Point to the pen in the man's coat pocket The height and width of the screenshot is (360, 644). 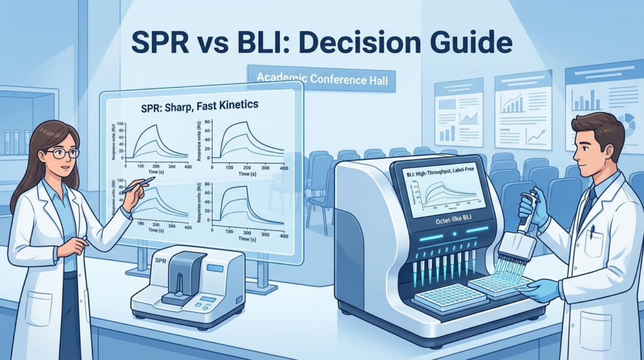[592, 234]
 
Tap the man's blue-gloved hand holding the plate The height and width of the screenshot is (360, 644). [541, 290]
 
